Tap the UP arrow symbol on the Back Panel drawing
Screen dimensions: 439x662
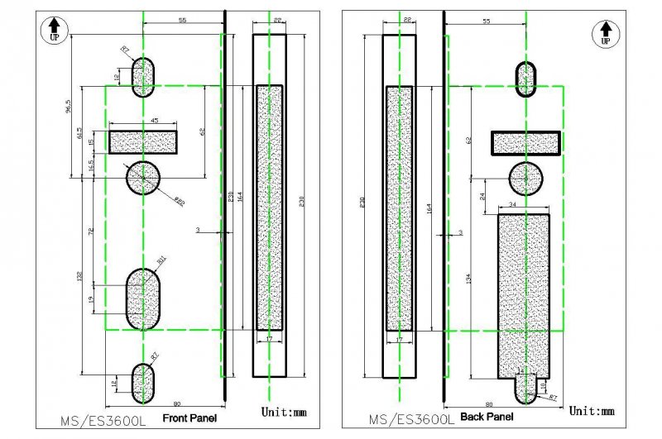[x=605, y=33]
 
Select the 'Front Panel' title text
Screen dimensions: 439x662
[x=189, y=418]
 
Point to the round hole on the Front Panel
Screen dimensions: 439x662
[x=143, y=176]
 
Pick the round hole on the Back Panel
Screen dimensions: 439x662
[x=526, y=179]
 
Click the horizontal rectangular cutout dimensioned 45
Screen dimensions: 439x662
[x=143, y=142]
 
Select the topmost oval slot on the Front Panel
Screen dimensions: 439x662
[x=143, y=77]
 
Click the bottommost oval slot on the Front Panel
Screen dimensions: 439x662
[x=143, y=381]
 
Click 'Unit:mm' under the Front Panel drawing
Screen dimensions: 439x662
[x=285, y=411]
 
